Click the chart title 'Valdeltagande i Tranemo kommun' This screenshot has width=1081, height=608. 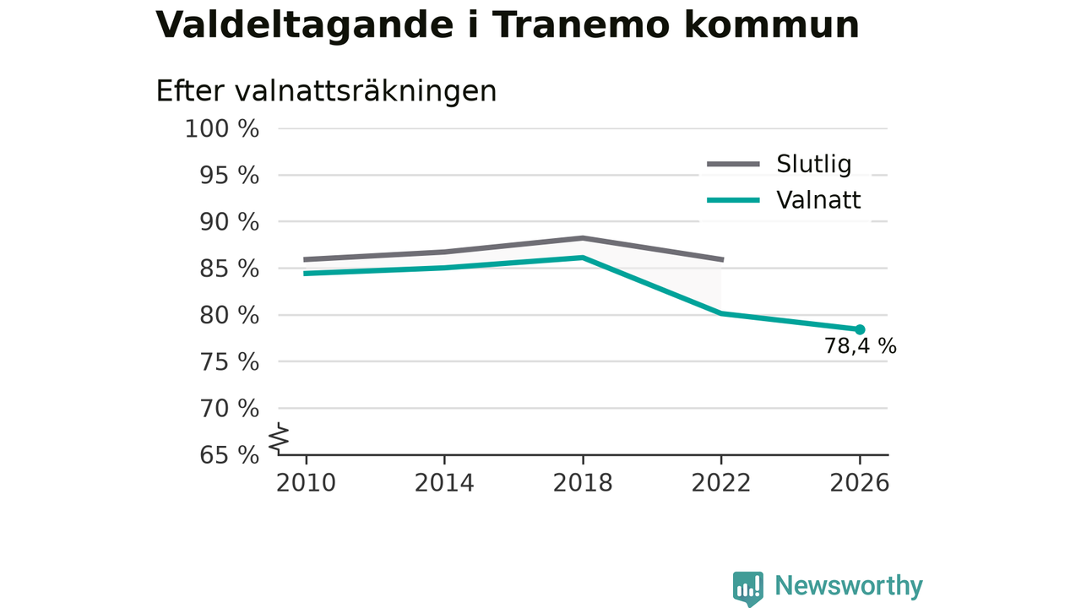click(x=508, y=25)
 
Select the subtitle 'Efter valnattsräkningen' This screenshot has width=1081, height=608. click(x=326, y=91)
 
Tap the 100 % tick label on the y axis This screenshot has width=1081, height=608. click(x=222, y=129)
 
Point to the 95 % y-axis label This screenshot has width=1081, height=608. click(x=229, y=176)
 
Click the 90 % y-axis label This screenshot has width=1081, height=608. click(x=229, y=222)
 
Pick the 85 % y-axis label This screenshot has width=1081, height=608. click(x=229, y=269)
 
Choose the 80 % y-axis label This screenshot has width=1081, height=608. click(x=229, y=316)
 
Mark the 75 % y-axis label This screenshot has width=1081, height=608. click(x=229, y=362)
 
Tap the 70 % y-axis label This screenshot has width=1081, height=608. click(x=229, y=409)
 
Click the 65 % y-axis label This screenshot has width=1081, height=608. click(x=229, y=455)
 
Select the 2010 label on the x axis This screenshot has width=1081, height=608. click(x=306, y=483)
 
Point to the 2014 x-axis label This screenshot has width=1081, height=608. click(x=444, y=483)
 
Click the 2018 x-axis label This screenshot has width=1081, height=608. click(x=583, y=483)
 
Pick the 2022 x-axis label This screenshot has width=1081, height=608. click(x=721, y=483)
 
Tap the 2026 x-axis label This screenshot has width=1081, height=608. click(x=860, y=483)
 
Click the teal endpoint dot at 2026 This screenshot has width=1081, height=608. click(x=860, y=329)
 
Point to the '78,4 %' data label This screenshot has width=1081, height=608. click(x=860, y=346)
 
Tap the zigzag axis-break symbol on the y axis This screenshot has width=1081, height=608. click(x=279, y=438)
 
